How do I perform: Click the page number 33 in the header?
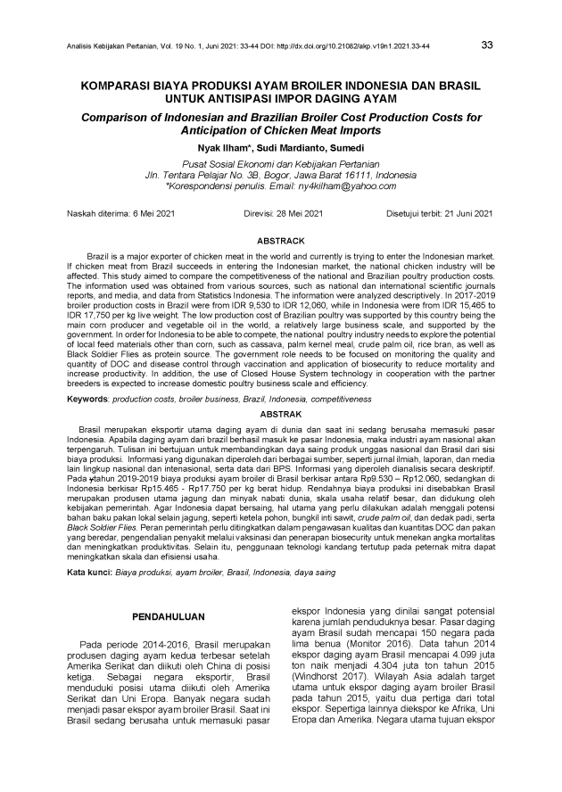click(x=487, y=44)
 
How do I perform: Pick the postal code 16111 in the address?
click(x=317, y=175)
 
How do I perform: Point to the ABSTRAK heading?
click(x=280, y=415)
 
